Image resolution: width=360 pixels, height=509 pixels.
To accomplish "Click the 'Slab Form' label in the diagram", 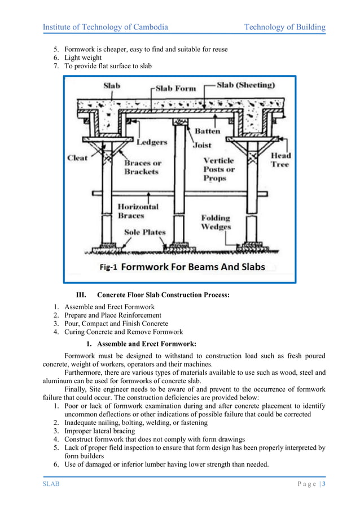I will coord(176,89).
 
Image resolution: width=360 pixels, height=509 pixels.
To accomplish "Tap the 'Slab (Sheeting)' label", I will coord(246,85).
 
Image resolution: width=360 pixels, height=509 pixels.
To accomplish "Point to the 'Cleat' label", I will coord(78,158).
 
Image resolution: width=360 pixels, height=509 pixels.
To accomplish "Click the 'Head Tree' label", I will coord(281,159).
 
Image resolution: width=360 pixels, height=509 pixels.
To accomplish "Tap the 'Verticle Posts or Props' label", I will coord(219,169).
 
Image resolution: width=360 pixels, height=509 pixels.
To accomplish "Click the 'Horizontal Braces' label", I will coord(138,211).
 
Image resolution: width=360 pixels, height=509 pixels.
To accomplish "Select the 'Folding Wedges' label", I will coord(216,222).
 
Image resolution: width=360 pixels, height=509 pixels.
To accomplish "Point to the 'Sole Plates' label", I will coord(146,232).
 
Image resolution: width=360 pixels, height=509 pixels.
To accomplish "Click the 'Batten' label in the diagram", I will coord(207,131).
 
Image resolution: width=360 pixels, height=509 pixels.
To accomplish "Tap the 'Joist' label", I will coord(203,144).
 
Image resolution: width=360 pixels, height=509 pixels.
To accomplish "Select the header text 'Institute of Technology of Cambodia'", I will coord(106,27).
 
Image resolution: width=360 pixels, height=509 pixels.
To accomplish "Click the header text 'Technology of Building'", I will coord(284,27).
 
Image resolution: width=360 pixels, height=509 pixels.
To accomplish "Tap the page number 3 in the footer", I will coord(324,484).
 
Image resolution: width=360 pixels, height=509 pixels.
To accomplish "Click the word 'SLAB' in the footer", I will coord(52,484).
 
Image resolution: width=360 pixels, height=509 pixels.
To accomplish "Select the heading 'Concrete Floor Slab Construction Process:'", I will coord(163,295).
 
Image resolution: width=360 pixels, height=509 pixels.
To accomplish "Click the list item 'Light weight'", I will coord(83,58).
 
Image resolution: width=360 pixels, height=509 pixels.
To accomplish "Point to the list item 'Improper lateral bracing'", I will coord(103,431).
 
